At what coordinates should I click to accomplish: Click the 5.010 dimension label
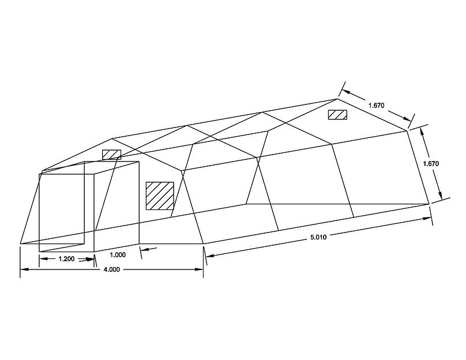pos(318,237)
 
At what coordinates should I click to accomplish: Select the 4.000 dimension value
pos(112,269)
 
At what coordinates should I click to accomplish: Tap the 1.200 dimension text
pos(66,259)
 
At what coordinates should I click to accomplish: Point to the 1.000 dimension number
pos(118,255)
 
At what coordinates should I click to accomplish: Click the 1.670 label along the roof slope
pos(376,105)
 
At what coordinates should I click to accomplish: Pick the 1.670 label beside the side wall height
pos(431,163)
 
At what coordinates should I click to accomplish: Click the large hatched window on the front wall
pos(160,196)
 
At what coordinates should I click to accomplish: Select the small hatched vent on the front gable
pos(112,154)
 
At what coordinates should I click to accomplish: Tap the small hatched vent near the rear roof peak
pos(337,114)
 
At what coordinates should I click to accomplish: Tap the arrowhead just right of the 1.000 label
pos(144,250)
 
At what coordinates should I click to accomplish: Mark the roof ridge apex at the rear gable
pos(337,99)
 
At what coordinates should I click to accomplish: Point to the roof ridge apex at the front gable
pos(112,138)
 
